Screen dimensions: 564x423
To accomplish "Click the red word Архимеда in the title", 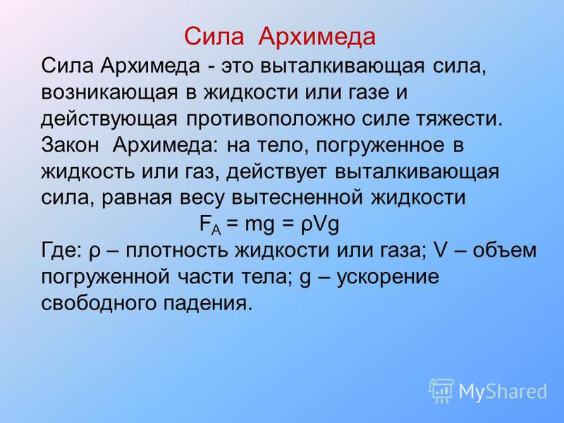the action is [x=317, y=37].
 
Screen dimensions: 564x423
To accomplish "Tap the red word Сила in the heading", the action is [x=214, y=37].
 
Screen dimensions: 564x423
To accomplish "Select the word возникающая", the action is [x=109, y=93].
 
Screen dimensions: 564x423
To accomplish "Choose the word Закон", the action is [x=69, y=145].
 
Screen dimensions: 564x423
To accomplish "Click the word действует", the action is [x=276, y=172].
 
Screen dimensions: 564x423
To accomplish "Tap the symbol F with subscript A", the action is [x=210, y=226].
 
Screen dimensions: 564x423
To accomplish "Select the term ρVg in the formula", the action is [x=320, y=225].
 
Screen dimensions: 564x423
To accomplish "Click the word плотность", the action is [x=177, y=251].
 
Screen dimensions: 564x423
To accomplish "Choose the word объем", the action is [x=504, y=250].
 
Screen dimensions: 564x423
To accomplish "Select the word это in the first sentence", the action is [x=237, y=67].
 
